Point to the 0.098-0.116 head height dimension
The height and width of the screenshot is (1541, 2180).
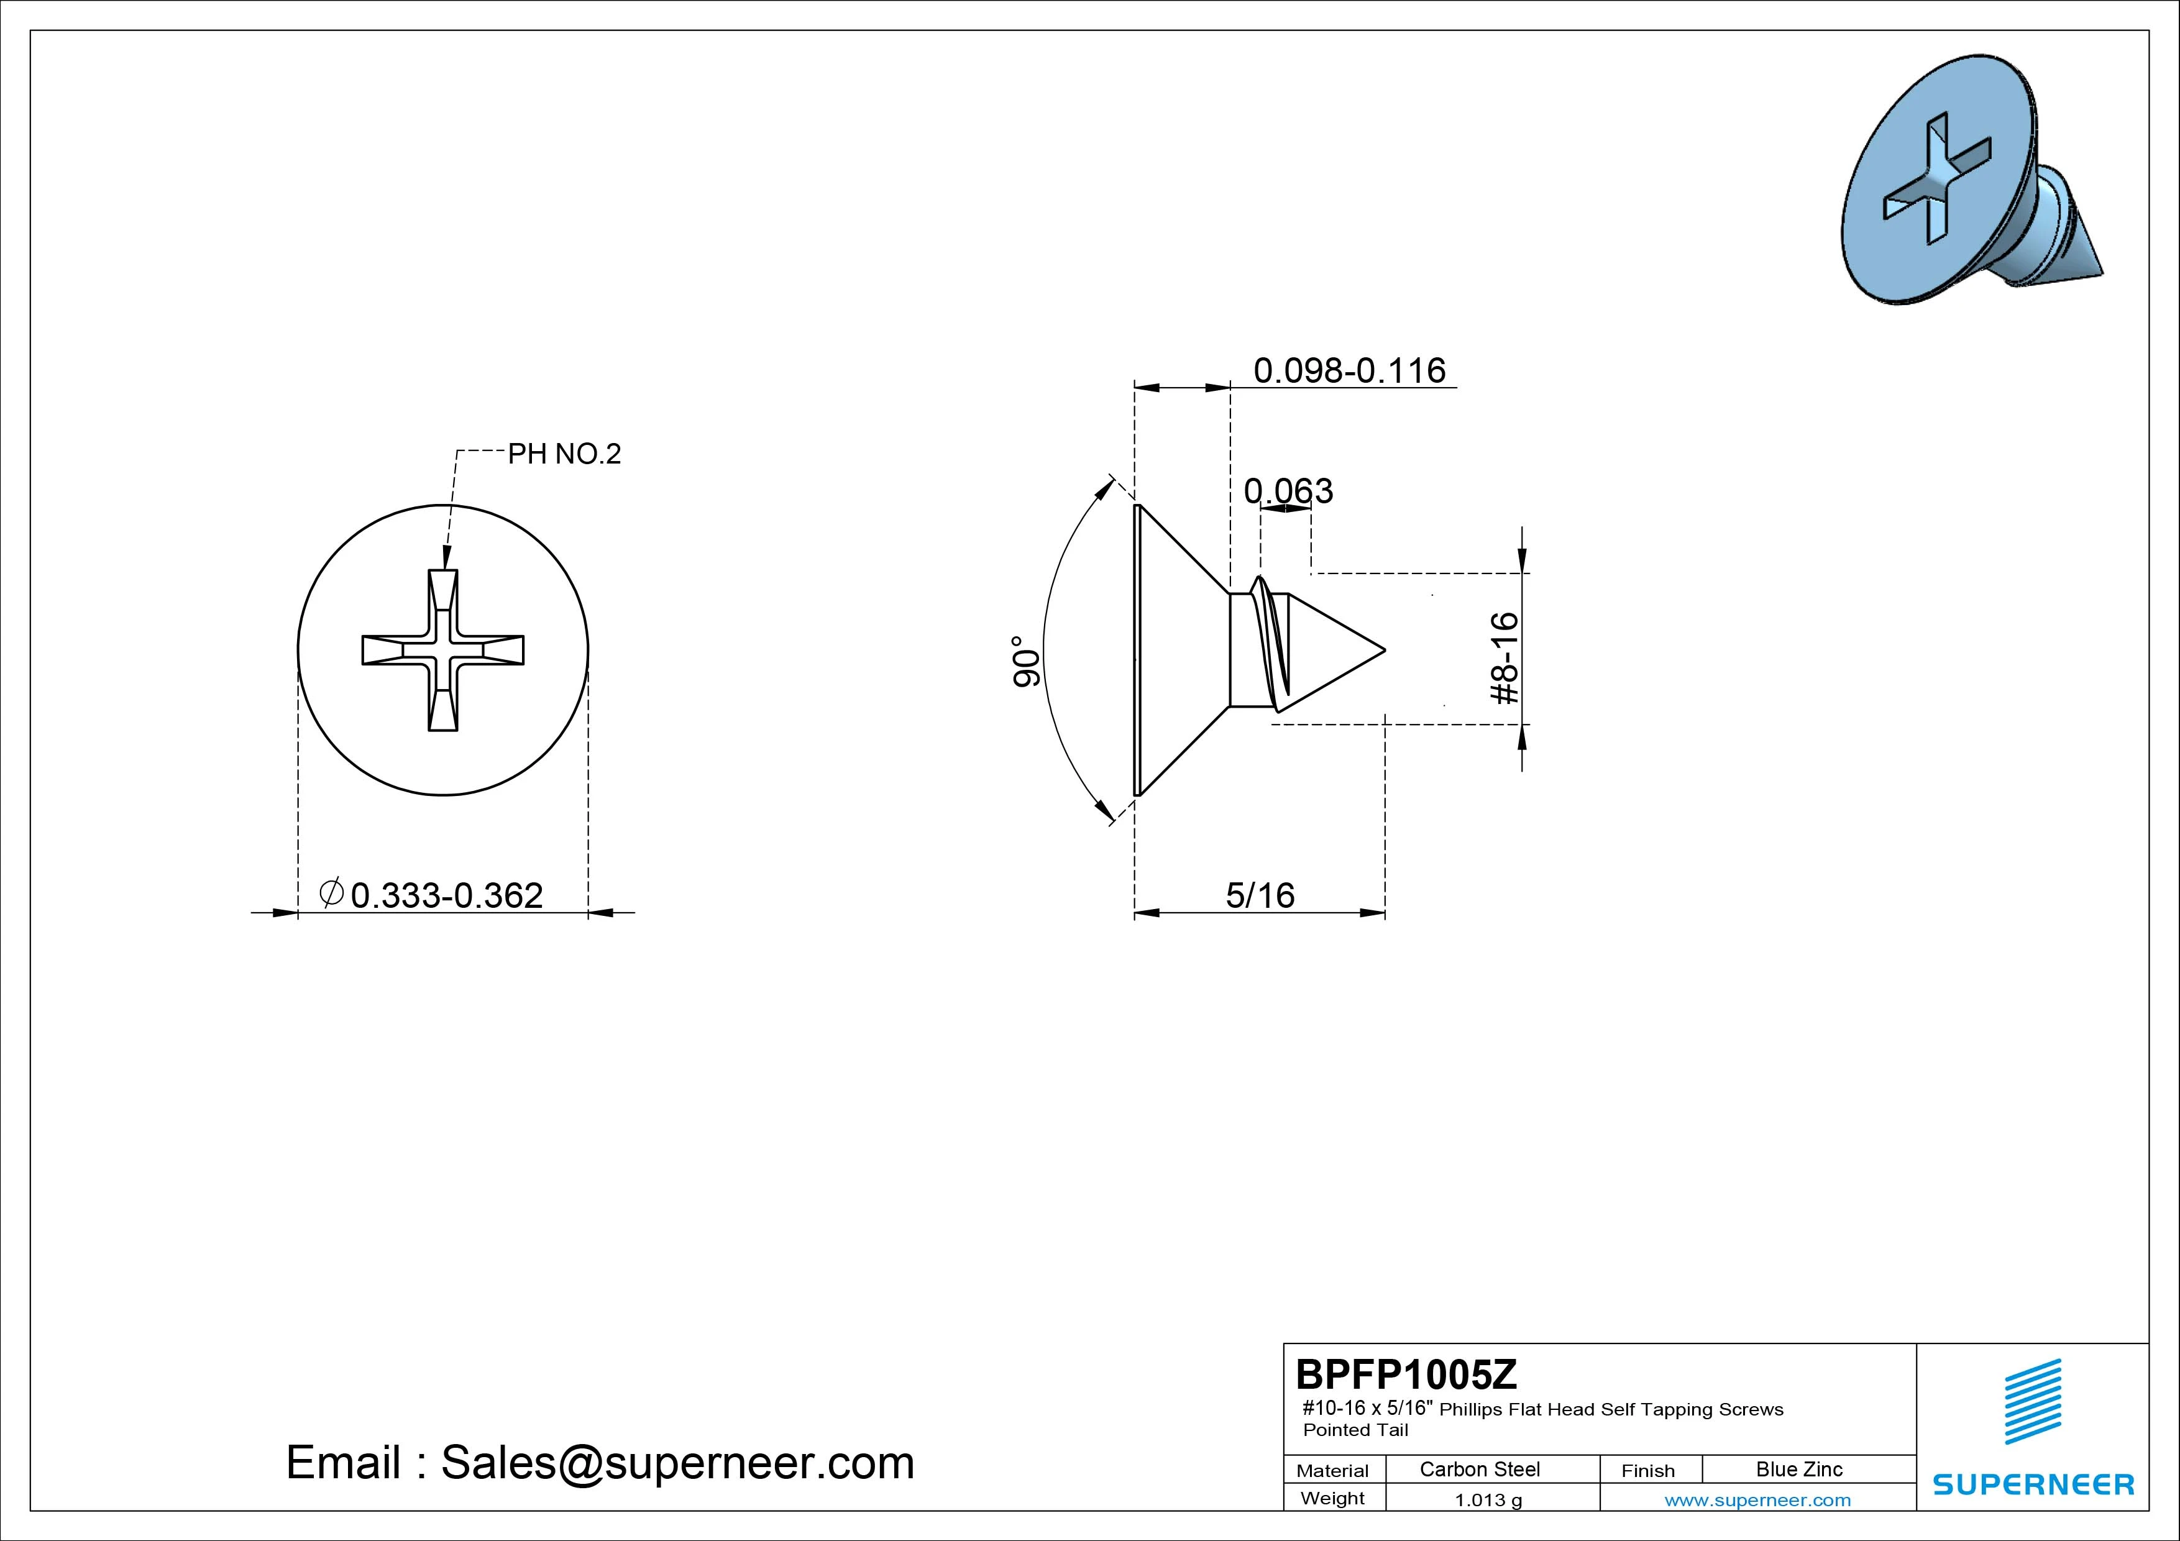click(1349, 370)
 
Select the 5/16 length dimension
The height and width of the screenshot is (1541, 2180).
click(1260, 895)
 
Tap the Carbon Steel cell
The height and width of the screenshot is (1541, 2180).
click(1479, 1469)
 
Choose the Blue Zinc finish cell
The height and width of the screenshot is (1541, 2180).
click(1798, 1469)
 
